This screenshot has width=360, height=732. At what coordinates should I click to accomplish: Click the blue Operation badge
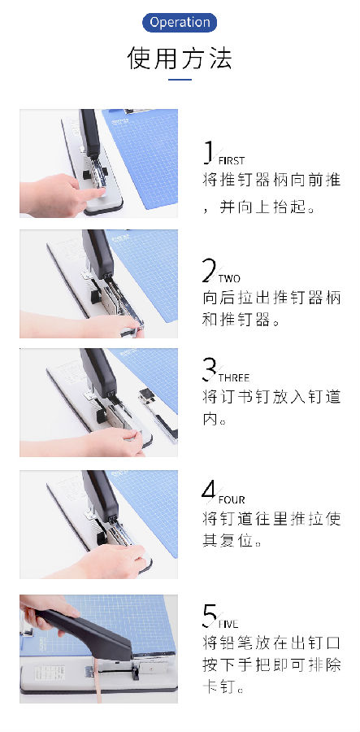click(x=180, y=23)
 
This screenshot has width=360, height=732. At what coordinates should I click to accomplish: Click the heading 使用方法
click(x=180, y=58)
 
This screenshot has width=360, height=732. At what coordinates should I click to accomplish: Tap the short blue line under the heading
click(x=180, y=80)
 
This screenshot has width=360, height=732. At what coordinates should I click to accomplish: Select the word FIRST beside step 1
click(x=232, y=161)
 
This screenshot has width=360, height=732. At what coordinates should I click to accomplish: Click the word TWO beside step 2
click(x=229, y=279)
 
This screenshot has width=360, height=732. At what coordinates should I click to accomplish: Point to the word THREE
click(x=233, y=377)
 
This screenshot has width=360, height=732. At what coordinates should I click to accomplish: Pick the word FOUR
click(x=232, y=500)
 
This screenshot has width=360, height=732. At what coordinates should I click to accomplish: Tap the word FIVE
click(x=228, y=624)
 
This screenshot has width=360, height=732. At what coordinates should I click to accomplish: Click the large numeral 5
click(x=210, y=617)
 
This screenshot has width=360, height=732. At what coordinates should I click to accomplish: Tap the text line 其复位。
click(x=232, y=541)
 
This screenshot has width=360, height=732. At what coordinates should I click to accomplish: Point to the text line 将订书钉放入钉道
click(x=272, y=397)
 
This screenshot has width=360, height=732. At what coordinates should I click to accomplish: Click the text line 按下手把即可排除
click(x=272, y=664)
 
